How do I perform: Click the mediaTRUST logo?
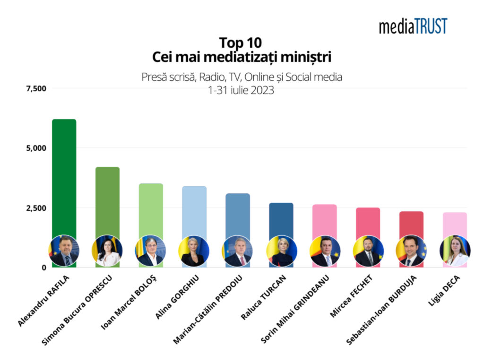(x=413, y=26)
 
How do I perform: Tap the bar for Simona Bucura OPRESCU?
(x=107, y=199)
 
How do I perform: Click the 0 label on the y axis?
(x=43, y=268)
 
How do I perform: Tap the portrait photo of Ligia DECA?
(x=455, y=251)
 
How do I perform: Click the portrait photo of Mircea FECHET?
(x=368, y=251)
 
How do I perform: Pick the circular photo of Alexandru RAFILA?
(x=64, y=251)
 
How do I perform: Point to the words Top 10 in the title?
(x=241, y=43)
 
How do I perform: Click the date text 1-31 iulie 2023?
(x=241, y=91)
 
